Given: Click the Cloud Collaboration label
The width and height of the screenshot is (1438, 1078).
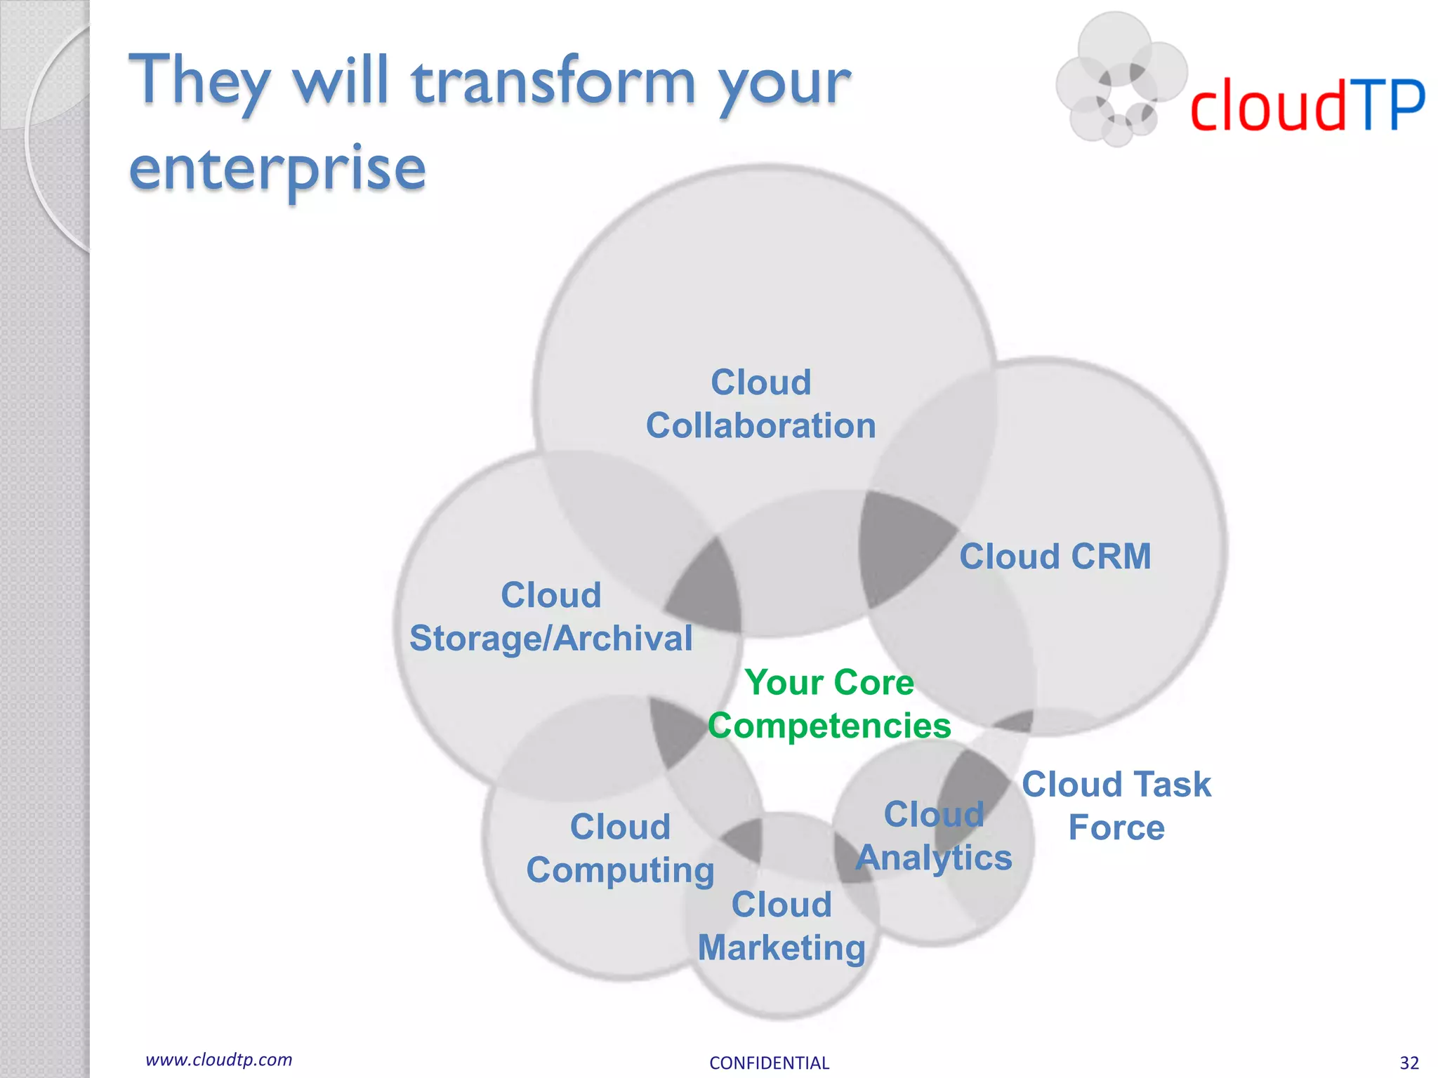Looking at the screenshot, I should pyautogui.click(x=760, y=404).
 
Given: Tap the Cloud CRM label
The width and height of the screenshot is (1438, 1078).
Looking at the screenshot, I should pyautogui.click(x=1055, y=557).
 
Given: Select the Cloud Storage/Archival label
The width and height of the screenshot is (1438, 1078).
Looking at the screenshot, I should pyautogui.click(x=550, y=617).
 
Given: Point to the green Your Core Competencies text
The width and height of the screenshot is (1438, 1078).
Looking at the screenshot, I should pyautogui.click(x=829, y=704).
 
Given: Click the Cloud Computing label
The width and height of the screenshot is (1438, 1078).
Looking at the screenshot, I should pyautogui.click(x=620, y=849).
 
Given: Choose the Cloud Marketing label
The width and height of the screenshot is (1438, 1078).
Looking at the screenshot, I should pyautogui.click(x=781, y=926).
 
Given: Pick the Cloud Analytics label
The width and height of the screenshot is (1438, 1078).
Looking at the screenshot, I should pyautogui.click(x=933, y=837).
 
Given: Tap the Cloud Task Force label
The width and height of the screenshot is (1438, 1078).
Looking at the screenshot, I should pyautogui.click(x=1116, y=806).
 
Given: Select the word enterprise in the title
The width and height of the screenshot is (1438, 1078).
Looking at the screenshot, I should pyautogui.click(x=277, y=169).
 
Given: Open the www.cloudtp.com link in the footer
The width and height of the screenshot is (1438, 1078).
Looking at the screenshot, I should pyautogui.click(x=218, y=1060).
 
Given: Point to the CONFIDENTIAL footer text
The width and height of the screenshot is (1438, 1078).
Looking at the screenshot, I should pyautogui.click(x=769, y=1063).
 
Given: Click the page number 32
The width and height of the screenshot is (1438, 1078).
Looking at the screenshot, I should pyautogui.click(x=1409, y=1063).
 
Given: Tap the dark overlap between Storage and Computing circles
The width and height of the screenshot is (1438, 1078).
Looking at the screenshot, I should pyautogui.click(x=674, y=730).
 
